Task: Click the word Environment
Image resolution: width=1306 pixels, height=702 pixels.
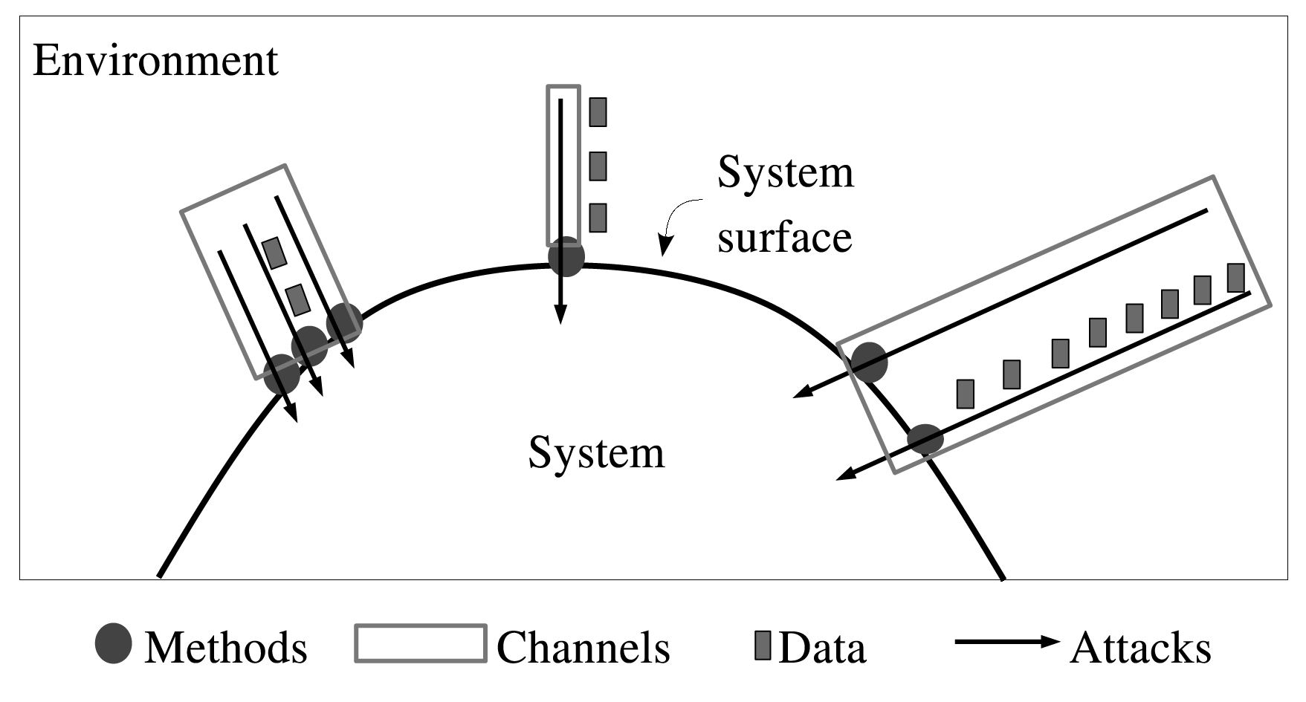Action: [155, 61]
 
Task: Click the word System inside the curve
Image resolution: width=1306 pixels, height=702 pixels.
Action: [596, 452]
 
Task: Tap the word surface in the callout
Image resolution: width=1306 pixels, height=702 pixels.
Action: [784, 238]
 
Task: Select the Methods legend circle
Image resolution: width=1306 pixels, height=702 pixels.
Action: [114, 643]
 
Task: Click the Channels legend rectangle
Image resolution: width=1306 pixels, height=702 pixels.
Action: [421, 643]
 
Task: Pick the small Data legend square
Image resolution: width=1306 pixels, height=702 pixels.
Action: [762, 645]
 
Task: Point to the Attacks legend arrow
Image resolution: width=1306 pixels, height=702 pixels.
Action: [1007, 642]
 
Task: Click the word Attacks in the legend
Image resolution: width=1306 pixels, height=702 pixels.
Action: [1140, 648]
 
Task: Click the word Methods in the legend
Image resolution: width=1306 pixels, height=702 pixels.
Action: [225, 648]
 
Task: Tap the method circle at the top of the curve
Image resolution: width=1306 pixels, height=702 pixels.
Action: [566, 257]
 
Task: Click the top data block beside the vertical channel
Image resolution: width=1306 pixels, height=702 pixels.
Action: [598, 112]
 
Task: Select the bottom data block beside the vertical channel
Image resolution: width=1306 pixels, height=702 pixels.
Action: [598, 218]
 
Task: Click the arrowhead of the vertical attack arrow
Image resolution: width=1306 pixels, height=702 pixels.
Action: [561, 316]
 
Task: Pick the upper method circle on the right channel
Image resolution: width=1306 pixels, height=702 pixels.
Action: [869, 363]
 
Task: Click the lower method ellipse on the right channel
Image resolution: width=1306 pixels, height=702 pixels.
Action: [925, 439]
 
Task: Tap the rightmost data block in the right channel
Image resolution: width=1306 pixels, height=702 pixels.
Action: [1235, 278]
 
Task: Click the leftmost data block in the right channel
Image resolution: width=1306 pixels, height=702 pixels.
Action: [965, 394]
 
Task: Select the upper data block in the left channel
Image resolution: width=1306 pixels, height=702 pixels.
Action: [274, 253]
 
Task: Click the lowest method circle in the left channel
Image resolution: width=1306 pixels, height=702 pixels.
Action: [282, 374]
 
